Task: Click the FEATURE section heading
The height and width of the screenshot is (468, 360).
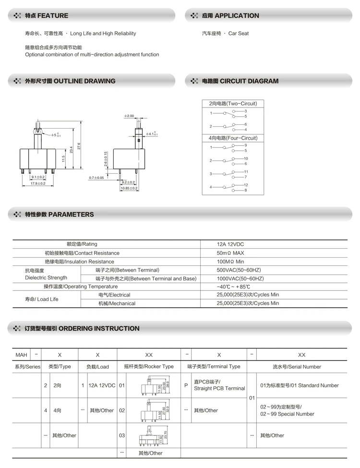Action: point(47,16)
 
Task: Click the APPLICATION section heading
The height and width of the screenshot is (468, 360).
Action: point(230,16)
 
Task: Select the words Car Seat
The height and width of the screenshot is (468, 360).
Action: point(238,34)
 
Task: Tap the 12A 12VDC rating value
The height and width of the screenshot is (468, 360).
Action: point(230,244)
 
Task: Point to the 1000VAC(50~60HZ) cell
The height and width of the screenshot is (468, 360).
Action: point(240,278)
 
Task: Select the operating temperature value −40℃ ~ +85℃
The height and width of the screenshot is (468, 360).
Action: point(234,287)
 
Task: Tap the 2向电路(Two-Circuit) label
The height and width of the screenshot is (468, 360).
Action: point(233,104)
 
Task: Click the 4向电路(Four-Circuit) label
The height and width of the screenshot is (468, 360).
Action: point(233,138)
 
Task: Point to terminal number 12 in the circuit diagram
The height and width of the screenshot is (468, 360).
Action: point(246,185)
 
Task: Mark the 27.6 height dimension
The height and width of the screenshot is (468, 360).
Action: point(79,145)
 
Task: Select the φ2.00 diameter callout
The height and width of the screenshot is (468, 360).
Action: point(129,116)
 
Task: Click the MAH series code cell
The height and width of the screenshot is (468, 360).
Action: point(21,355)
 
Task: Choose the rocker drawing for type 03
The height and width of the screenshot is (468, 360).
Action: point(150,435)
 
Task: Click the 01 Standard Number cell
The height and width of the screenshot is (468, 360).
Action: point(299,385)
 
